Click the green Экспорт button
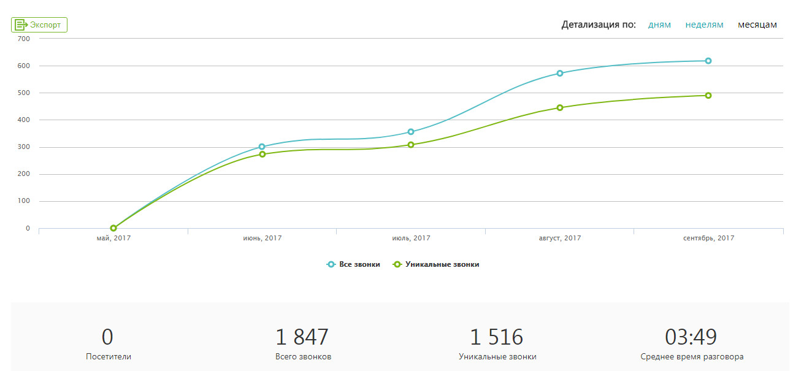[x=39, y=25]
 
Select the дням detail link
[x=659, y=25]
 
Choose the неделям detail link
[x=704, y=25]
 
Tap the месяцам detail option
[x=757, y=25]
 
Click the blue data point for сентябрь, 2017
[x=708, y=61]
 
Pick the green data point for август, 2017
[x=560, y=108]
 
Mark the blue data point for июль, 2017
[x=411, y=132]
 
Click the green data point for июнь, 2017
[x=262, y=154]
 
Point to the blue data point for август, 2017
[x=560, y=73]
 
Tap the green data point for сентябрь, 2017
[x=708, y=96]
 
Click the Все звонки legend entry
[x=354, y=264]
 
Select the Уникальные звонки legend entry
[x=436, y=264]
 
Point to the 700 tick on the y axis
[x=24, y=39]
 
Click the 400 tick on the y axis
[x=24, y=120]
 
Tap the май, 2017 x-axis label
[x=113, y=238]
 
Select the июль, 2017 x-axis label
[x=411, y=238]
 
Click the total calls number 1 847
[x=302, y=337]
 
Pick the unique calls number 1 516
[x=497, y=337]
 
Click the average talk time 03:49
[x=691, y=337]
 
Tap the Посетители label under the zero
[x=109, y=357]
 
